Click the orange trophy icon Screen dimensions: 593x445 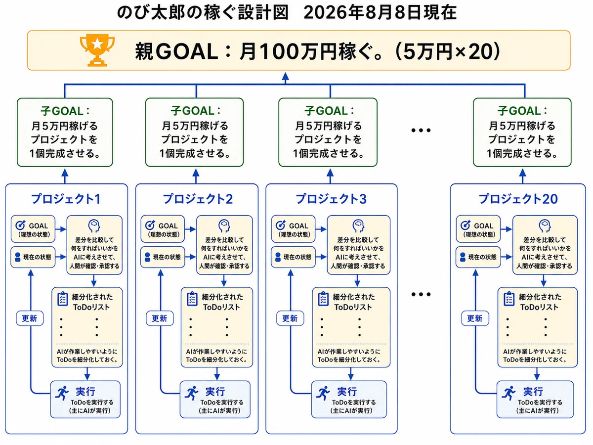(x=97, y=50)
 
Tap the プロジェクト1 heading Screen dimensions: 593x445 (x=66, y=199)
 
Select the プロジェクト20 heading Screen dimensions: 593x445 (x=518, y=199)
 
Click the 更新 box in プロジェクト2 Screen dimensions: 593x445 (x=160, y=318)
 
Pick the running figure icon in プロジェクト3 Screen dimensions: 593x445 (x=323, y=393)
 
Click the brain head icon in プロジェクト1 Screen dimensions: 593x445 (x=94, y=225)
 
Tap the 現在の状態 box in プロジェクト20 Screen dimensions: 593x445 (x=478, y=257)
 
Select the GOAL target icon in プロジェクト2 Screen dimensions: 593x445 (x=150, y=225)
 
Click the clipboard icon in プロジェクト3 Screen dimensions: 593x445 (x=323, y=299)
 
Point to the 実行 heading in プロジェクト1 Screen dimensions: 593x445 (x=85, y=391)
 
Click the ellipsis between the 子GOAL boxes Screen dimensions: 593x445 (x=421, y=131)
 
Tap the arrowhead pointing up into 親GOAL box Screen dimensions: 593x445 (x=286, y=76)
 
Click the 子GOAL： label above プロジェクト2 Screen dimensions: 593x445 (x=196, y=111)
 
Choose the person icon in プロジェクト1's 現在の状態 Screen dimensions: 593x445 (x=18, y=257)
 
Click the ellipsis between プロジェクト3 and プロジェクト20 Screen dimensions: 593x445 (x=421, y=294)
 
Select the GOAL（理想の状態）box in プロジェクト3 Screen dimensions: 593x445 (x=294, y=229)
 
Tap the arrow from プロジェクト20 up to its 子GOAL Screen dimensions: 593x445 (x=523, y=176)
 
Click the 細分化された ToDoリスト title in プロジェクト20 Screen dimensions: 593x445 (x=540, y=302)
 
